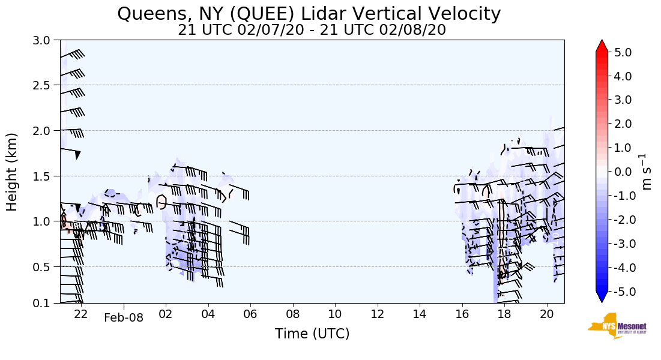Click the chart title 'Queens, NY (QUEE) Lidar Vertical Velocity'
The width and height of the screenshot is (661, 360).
309,13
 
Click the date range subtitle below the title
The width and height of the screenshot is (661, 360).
312,30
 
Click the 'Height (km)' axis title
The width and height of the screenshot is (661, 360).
12,172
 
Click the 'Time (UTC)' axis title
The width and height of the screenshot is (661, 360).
312,334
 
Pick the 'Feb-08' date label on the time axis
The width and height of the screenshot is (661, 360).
124,317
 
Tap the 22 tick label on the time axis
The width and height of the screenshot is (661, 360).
81,313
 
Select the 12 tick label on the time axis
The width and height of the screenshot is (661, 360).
377,313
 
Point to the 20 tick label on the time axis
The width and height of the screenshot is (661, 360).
546,313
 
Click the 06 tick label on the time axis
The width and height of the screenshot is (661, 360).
250,313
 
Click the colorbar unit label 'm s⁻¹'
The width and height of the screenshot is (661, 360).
647,172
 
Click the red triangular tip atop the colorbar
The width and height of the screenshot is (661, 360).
602,46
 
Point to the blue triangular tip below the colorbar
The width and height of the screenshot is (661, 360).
602,297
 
